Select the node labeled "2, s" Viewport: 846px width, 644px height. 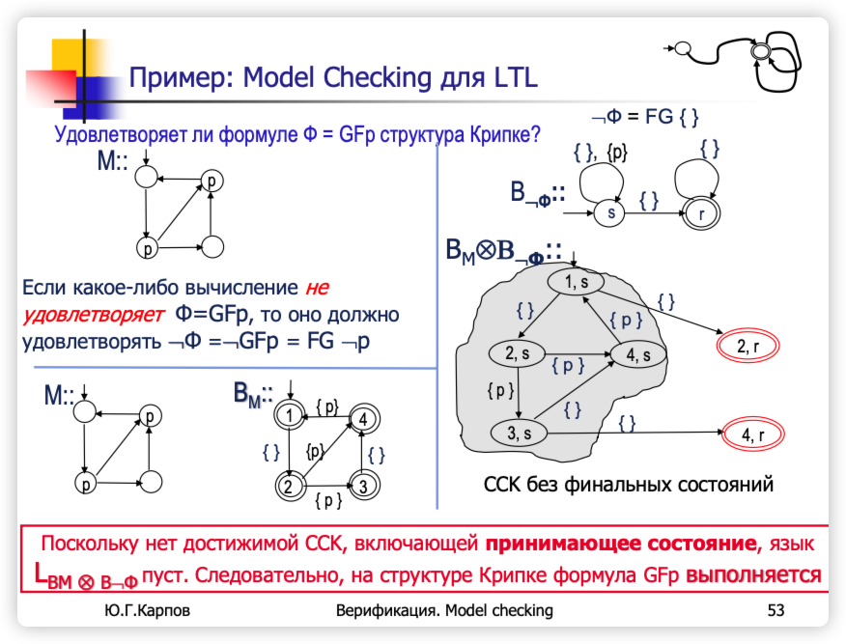(x=518, y=353)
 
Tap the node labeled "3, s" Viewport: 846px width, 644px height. (x=520, y=434)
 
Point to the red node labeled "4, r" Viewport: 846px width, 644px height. (x=753, y=436)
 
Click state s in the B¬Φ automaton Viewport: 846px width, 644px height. (x=608, y=212)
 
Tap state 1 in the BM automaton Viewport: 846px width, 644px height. (x=289, y=416)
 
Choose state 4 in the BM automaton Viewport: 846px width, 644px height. (x=362, y=419)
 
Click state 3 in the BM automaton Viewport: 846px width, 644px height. (x=362, y=486)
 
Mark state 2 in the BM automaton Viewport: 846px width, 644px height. (x=288, y=486)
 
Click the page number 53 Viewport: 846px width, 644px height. (x=775, y=610)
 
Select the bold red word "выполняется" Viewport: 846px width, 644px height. (x=753, y=575)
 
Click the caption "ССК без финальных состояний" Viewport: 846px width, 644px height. (x=628, y=484)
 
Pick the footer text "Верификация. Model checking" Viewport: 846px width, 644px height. (x=444, y=610)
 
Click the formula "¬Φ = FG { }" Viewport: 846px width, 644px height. (x=644, y=117)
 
